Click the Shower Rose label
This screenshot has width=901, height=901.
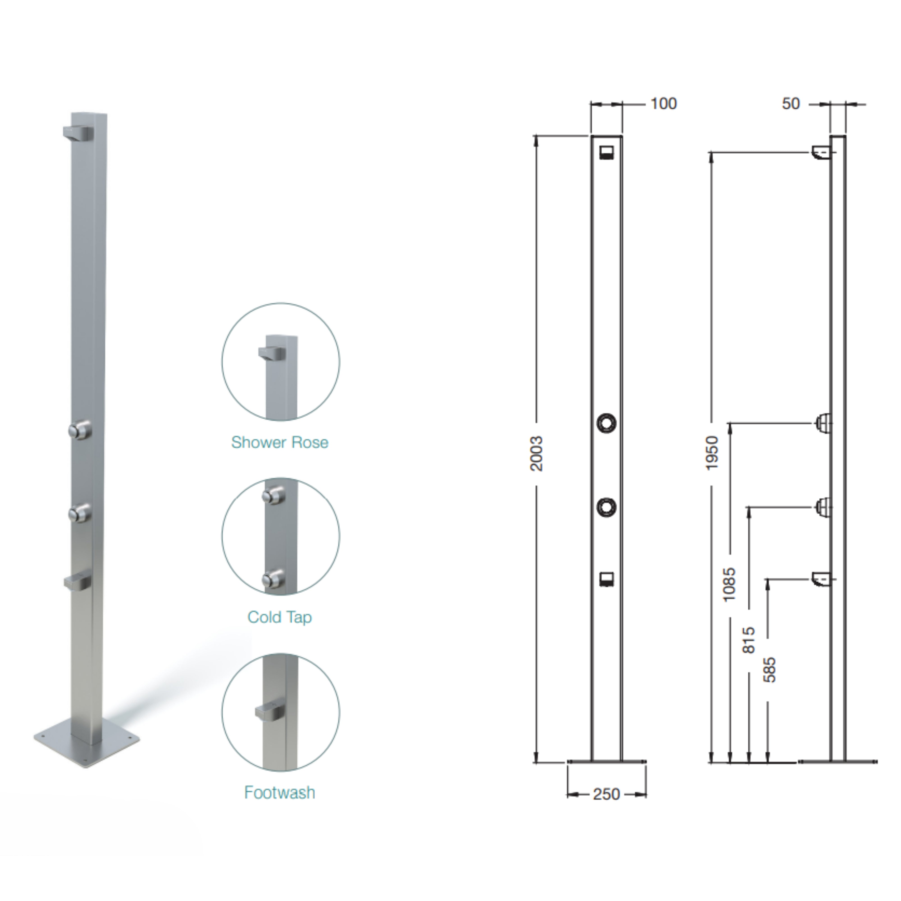(x=280, y=442)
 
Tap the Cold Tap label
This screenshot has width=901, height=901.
(x=280, y=617)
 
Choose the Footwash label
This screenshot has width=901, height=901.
(x=280, y=792)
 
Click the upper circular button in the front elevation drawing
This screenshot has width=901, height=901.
(x=606, y=423)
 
